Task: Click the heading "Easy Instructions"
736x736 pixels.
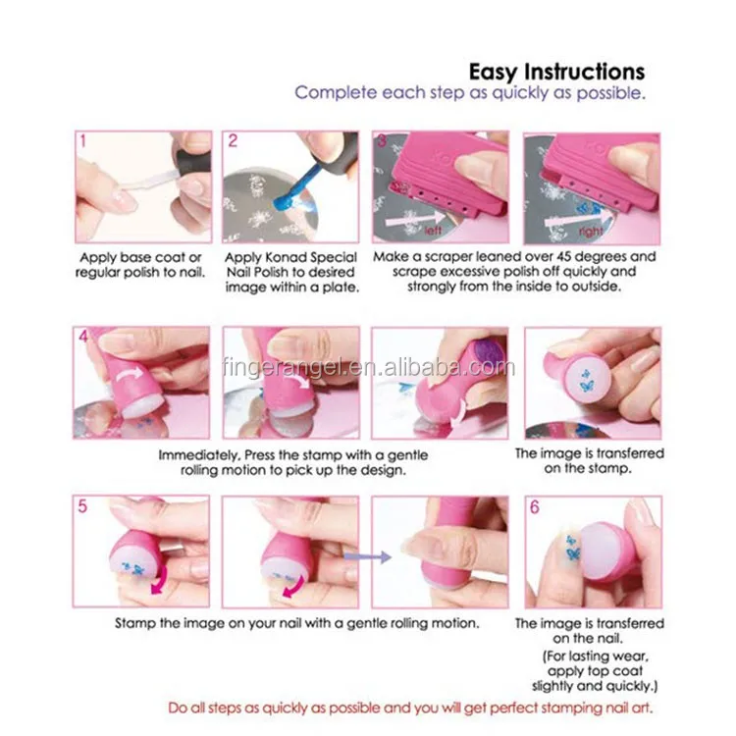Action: pyautogui.click(x=556, y=72)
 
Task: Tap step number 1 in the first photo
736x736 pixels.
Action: pyautogui.click(x=83, y=140)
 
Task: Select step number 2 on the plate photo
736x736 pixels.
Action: pyautogui.click(x=233, y=140)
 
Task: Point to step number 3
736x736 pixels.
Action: pyautogui.click(x=383, y=140)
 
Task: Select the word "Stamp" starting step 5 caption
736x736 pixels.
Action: pyautogui.click(x=135, y=623)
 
